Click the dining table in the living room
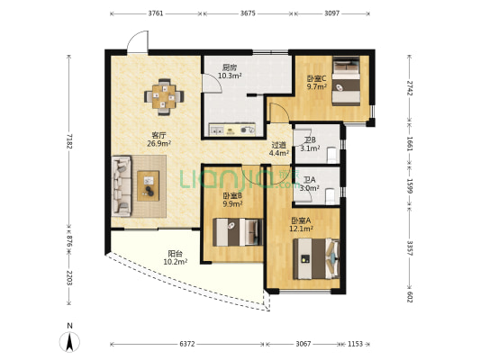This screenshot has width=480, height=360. pos(164,97)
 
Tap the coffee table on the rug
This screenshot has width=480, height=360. pos(149,185)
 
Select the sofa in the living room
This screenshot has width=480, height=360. pos(122,186)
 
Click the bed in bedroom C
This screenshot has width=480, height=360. pos(346,81)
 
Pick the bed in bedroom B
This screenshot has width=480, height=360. pos(238,232)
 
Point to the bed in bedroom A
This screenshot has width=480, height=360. pos(316,259)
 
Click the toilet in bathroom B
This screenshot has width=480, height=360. pos(331,155)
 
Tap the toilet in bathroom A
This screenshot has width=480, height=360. pos(330,196)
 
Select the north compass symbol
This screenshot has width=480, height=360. pos(70,338)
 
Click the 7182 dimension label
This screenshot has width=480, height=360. pos(68,141)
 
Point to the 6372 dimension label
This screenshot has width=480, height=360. pos(187,344)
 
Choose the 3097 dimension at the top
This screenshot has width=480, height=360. pos(331,13)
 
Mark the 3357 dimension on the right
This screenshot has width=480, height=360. pos(410,247)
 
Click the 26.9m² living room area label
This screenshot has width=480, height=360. pos(158,143)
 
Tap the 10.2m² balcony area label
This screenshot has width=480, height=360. pos(176,262)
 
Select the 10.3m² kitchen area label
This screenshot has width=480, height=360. pos(230,76)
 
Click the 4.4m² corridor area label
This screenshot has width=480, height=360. pos(279,153)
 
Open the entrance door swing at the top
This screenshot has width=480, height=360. pos(138,41)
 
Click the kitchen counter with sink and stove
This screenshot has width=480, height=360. pos(231,130)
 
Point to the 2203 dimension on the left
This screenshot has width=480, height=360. pos(68,278)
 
